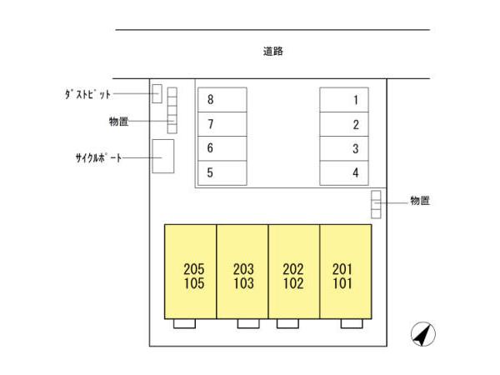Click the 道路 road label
point(273,52)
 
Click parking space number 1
point(345,100)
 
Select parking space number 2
point(345,125)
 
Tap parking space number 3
point(345,149)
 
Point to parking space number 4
point(345,173)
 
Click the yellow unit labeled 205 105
point(191,271)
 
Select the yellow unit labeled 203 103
point(242,271)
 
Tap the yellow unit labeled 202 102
point(293,271)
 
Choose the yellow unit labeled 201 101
point(345,271)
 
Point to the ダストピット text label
point(87,94)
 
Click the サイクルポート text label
point(98,157)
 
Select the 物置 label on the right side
point(420,201)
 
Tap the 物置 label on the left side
point(118,122)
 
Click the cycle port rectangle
point(162,156)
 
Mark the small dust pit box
point(157,93)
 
